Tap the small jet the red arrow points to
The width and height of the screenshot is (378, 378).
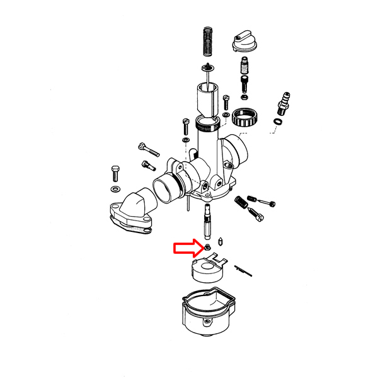coord(207,247)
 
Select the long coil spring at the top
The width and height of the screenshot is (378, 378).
coord(207,44)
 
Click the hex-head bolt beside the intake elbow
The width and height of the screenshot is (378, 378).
coord(115,171)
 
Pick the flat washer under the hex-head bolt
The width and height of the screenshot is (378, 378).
coord(116,189)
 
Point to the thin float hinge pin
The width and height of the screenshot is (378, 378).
coord(243,270)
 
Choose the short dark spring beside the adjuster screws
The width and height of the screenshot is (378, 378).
coord(241,203)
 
